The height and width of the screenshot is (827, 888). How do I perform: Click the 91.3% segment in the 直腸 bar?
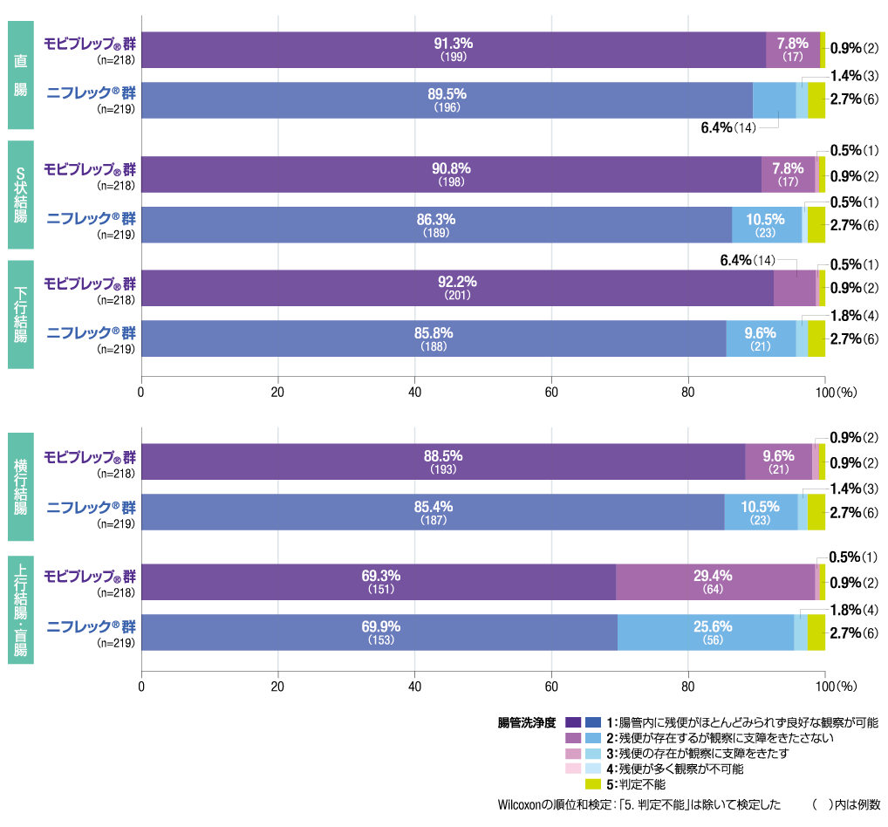pyautogui.click(x=453, y=50)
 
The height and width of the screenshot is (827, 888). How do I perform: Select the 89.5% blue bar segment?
pyautogui.click(x=447, y=100)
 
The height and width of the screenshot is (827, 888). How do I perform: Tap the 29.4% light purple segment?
pyautogui.click(x=715, y=582)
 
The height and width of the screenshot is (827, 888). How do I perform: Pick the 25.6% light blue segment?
pyautogui.click(x=706, y=632)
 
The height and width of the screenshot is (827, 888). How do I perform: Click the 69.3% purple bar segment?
pyautogui.click(x=379, y=582)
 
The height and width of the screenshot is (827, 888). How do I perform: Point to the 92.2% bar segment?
pyautogui.click(x=457, y=288)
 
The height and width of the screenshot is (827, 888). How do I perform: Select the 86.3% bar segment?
pyautogui.click(x=436, y=225)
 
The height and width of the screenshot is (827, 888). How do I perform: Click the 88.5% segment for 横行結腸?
pyautogui.click(x=443, y=461)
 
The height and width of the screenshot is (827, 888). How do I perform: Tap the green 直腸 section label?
pyautogui.click(x=21, y=76)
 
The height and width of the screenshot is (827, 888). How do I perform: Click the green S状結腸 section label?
pyautogui.click(x=21, y=195)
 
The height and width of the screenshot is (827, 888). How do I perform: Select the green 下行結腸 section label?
pyautogui.click(x=21, y=313)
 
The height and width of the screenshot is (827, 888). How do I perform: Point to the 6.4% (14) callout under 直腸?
pyautogui.click(x=728, y=127)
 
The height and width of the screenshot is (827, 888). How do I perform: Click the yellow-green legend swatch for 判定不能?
pyautogui.click(x=593, y=784)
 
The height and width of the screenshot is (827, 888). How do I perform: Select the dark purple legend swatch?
pyautogui.click(x=573, y=722)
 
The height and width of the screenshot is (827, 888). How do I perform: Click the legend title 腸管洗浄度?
pyautogui.click(x=527, y=722)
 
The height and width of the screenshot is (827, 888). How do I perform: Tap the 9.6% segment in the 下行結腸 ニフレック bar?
pyautogui.click(x=761, y=338)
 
